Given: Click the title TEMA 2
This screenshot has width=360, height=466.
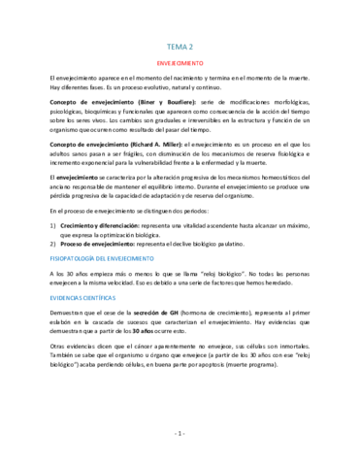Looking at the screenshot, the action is [180, 45].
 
